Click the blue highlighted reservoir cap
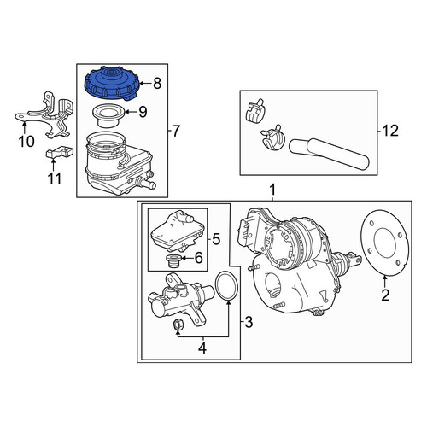tap(112, 84)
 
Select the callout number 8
tap(157, 84)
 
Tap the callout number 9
tap(143, 112)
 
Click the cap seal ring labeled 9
tap(108, 116)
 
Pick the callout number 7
tap(176, 132)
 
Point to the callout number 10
tap(26, 142)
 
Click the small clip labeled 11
tap(60, 152)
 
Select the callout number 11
tap(55, 178)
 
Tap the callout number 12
tap(390, 131)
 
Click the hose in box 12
tap(329, 154)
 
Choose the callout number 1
tap(272, 190)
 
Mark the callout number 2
tap(385, 295)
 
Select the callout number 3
tap(249, 323)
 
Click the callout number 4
tap(202, 348)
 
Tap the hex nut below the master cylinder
tap(178, 325)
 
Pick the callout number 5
tap(216, 239)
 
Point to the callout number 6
tap(198, 258)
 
